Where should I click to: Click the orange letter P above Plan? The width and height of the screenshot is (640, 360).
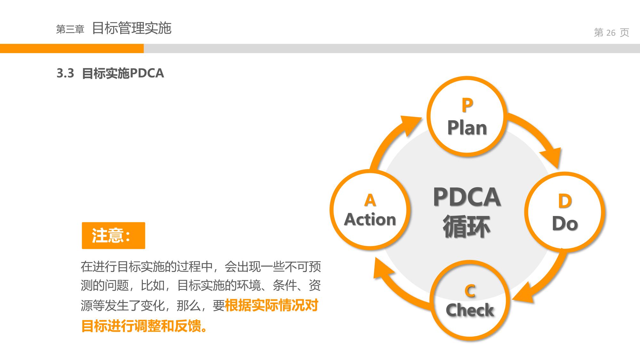(467, 105)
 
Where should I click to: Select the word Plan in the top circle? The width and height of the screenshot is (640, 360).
(467, 128)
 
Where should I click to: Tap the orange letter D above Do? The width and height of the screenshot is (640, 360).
(565, 201)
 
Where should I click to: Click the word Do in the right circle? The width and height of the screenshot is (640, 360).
(565, 223)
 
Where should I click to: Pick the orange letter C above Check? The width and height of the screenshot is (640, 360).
(470, 291)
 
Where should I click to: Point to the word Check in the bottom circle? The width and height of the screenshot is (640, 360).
(470, 310)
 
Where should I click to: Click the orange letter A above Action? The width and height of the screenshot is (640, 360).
(370, 200)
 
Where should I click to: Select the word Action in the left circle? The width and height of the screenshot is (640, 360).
(370, 220)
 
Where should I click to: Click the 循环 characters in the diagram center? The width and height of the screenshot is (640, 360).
(467, 227)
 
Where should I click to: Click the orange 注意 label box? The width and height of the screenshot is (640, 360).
(113, 236)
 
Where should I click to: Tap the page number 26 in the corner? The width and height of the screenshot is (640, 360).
(611, 33)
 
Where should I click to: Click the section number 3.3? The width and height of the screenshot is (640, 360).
(65, 73)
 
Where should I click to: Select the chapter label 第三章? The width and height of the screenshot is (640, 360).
(70, 29)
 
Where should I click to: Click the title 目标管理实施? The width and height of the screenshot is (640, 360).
(132, 28)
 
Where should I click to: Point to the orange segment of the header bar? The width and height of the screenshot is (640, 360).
(72, 48)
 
